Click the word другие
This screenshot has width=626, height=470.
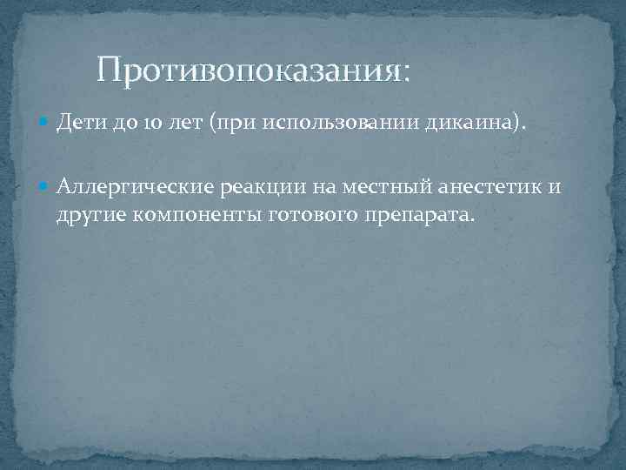pos(89,215)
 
